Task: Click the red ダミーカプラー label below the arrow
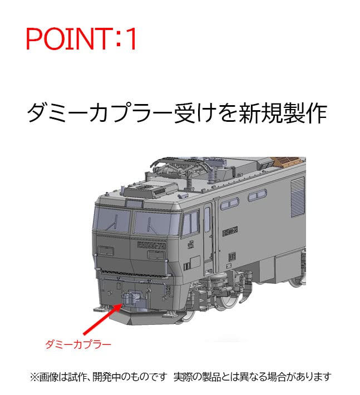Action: point(78,344)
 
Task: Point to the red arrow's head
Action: point(117,304)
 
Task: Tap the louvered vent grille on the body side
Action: point(298,198)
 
